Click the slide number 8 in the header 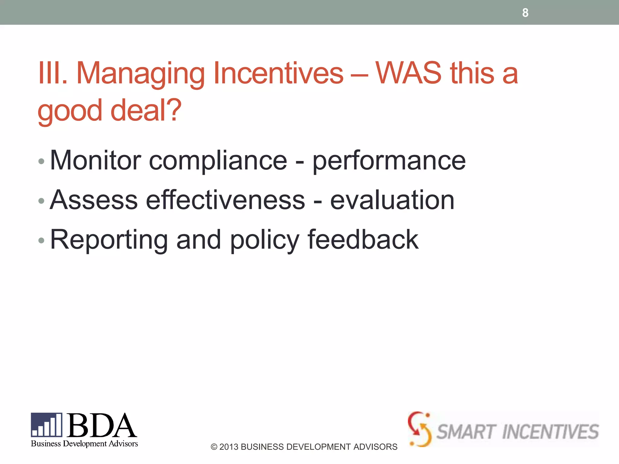pyautogui.click(x=525, y=13)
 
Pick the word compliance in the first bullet pyautogui.click(x=218, y=161)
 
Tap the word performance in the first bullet pyautogui.click(x=389, y=161)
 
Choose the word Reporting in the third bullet pyautogui.click(x=109, y=240)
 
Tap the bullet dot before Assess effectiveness pyautogui.click(x=41, y=201)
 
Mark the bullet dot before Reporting pyautogui.click(x=41, y=240)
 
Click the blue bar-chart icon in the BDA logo pyautogui.click(x=47, y=425)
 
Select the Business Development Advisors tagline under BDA pyautogui.click(x=84, y=443)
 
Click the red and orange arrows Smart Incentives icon pyautogui.click(x=419, y=429)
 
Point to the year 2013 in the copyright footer pyautogui.click(x=228, y=447)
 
